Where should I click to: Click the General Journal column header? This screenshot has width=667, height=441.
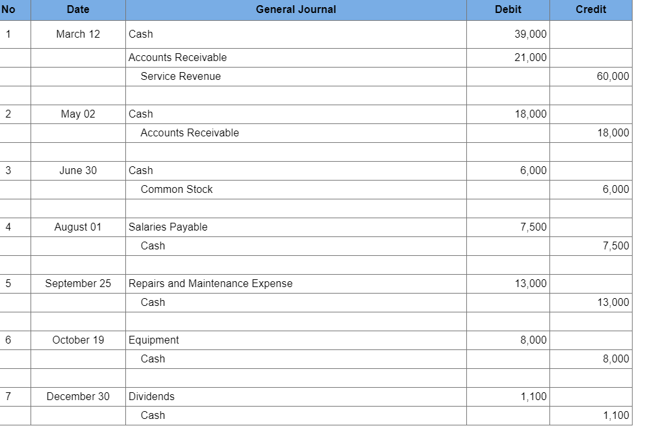coord(296,10)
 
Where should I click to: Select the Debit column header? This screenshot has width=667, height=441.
coord(507,10)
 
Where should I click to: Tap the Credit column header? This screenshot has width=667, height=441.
coord(590,10)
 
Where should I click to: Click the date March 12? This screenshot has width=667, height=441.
coord(78,34)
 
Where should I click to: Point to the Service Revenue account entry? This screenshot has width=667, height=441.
coord(181,77)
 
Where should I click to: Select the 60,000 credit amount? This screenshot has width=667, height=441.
coord(612,77)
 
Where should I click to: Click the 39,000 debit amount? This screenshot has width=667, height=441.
coord(530,34)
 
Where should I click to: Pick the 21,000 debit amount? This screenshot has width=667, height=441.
coord(530,58)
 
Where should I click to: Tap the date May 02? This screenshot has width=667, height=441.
coord(78,114)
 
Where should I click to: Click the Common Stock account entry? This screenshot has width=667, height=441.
coord(177,190)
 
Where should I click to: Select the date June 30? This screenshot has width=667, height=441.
coord(78,171)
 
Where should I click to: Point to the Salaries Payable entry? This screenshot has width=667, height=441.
coord(168,227)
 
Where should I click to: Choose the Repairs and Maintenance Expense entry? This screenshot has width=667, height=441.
coord(210,284)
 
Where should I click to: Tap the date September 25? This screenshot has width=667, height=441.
coord(78,284)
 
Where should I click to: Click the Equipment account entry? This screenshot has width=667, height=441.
coord(154,340)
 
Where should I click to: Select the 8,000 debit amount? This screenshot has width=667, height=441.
coord(533,340)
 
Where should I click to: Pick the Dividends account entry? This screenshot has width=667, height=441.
coord(151,397)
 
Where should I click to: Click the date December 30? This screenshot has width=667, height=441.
coord(78,397)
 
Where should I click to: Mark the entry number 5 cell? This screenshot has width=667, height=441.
coord(8,284)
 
